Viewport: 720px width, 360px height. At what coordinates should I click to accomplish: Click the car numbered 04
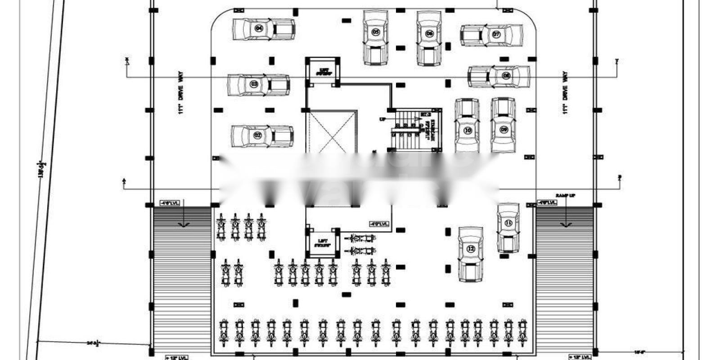pyautogui.click(x=263, y=29)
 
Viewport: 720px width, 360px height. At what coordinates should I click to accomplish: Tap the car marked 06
pyautogui.click(x=429, y=38)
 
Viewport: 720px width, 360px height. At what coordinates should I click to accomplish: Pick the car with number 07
pyautogui.click(x=491, y=35)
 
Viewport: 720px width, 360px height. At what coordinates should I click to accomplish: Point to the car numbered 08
pyautogui.click(x=499, y=76)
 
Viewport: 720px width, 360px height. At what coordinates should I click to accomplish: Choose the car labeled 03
pyautogui.click(x=258, y=85)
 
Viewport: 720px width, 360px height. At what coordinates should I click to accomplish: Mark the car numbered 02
pyautogui.click(x=262, y=135)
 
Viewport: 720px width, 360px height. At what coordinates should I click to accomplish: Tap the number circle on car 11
pyautogui.click(x=508, y=223)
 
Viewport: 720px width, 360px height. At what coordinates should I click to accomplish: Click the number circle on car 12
pyautogui.click(x=471, y=248)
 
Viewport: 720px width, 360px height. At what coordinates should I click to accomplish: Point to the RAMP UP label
pyautogui.click(x=565, y=196)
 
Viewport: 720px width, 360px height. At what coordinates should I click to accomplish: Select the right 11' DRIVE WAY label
pyautogui.click(x=565, y=92)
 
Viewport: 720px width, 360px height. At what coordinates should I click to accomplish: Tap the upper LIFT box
pyautogui.click(x=323, y=71)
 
